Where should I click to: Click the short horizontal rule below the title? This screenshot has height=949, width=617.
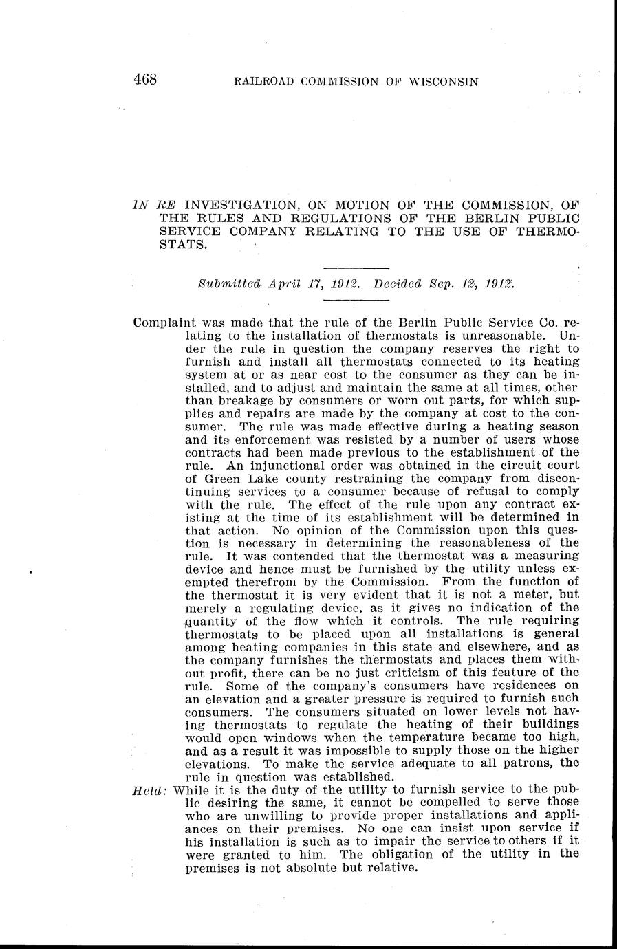coord(356,268)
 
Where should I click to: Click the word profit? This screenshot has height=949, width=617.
coord(234,673)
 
